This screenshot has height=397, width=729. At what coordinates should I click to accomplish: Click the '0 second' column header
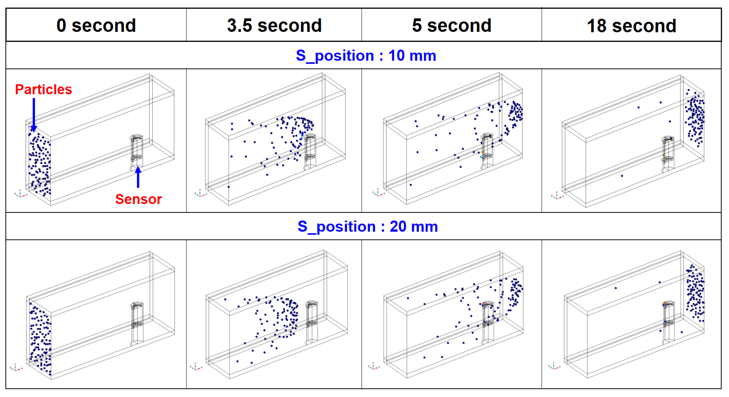96,25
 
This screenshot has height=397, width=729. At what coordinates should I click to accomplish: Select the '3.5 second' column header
274,25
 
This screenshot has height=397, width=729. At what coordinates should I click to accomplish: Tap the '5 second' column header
452,25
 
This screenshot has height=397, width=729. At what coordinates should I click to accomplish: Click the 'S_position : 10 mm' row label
366,56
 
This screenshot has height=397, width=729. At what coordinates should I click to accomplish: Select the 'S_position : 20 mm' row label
367,226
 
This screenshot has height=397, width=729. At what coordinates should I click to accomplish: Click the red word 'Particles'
44,90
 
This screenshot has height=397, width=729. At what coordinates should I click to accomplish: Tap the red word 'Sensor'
138,199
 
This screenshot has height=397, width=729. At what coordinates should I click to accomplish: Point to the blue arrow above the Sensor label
138,177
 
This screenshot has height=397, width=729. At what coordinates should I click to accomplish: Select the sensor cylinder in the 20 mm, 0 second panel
137,323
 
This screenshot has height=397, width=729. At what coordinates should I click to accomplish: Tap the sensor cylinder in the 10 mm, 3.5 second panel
310,152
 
